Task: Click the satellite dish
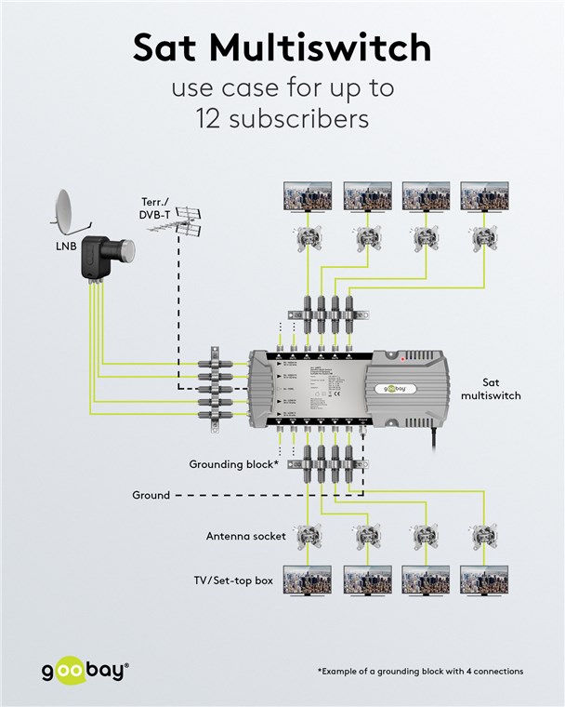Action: [x=68, y=212]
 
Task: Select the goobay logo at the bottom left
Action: [x=85, y=671]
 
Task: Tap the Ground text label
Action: [x=151, y=495]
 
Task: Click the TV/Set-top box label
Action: [x=233, y=580]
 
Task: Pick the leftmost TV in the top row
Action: [x=308, y=195]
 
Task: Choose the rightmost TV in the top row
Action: [x=484, y=195]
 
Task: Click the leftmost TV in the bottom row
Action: [x=308, y=580]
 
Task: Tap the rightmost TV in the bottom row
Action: [x=484, y=580]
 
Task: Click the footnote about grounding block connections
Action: [x=420, y=671]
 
